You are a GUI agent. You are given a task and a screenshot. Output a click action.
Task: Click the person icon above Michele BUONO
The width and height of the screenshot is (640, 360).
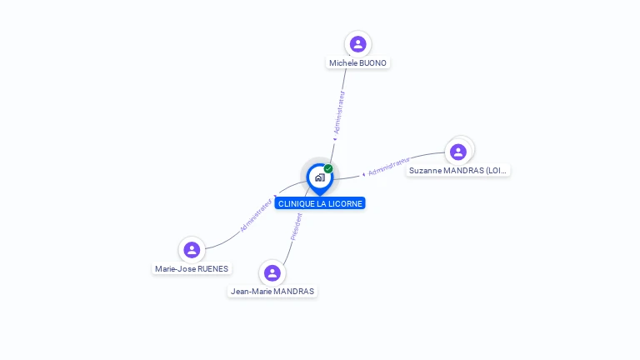click(x=358, y=44)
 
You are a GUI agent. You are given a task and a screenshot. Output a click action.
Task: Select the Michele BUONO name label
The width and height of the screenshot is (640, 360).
click(x=357, y=63)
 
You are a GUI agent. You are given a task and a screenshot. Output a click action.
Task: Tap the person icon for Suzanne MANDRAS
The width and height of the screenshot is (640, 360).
click(x=457, y=152)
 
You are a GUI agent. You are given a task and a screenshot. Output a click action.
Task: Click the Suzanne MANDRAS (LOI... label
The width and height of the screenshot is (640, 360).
click(x=457, y=171)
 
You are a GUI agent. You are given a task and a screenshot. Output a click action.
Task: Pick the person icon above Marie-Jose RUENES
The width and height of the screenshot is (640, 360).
click(x=192, y=249)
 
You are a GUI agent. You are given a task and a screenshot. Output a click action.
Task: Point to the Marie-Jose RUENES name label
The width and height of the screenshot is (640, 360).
click(x=192, y=269)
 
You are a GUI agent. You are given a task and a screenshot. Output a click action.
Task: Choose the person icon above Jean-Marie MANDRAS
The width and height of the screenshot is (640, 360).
click(x=272, y=272)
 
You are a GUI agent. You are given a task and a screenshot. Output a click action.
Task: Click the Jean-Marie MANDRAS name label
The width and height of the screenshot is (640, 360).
click(x=272, y=292)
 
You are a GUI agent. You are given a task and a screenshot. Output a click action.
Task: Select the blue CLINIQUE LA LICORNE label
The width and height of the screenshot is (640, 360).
click(x=320, y=203)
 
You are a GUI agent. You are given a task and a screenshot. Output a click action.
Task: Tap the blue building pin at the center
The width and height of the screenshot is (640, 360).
click(x=319, y=177)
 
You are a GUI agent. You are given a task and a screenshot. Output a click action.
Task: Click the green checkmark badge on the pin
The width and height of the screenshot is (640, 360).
click(x=328, y=169)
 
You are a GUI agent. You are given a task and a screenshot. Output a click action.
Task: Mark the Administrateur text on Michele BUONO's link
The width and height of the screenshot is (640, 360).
click(x=339, y=112)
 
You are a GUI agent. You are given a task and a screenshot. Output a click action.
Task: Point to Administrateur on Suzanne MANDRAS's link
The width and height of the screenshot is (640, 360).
click(x=388, y=167)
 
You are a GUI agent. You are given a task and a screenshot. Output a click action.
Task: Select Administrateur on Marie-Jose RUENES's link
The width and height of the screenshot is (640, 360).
click(x=256, y=215)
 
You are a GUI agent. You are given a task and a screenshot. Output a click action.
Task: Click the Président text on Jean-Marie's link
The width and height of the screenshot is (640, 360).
click(x=296, y=227)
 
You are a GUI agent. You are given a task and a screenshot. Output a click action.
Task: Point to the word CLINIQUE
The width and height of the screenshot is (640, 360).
click(x=295, y=203)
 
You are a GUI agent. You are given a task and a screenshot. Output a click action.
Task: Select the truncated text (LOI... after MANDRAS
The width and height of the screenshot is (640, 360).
click(x=497, y=171)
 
